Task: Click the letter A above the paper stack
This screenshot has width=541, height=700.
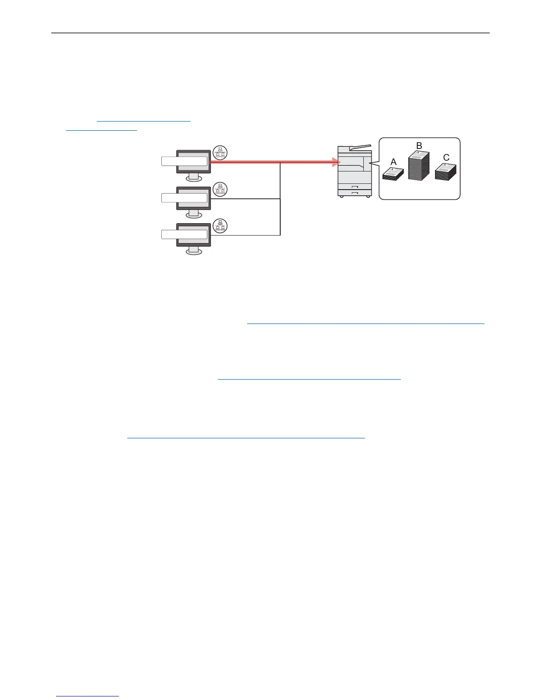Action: (x=393, y=162)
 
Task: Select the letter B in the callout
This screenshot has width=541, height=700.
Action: (x=419, y=145)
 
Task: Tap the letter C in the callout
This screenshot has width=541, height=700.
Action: (x=446, y=157)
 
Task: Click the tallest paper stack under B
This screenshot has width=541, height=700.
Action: (x=419, y=166)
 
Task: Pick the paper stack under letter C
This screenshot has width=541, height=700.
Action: (x=446, y=172)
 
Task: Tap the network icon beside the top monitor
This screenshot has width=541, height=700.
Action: (x=220, y=152)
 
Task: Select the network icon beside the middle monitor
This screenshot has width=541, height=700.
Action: (x=220, y=189)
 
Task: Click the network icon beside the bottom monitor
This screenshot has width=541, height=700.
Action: (x=220, y=226)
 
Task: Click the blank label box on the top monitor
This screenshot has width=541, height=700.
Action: (x=184, y=161)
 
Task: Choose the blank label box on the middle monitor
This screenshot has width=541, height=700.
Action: (x=184, y=198)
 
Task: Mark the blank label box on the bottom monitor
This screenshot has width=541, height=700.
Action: (x=184, y=234)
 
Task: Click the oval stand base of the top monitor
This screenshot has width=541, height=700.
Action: (x=194, y=178)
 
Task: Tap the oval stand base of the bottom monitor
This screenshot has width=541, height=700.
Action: (x=194, y=251)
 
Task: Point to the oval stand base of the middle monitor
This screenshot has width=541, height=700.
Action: (x=194, y=215)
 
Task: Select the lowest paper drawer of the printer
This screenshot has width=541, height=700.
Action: (x=354, y=193)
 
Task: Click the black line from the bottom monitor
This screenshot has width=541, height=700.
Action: (x=245, y=235)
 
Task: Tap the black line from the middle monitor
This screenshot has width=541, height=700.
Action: (x=245, y=199)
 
